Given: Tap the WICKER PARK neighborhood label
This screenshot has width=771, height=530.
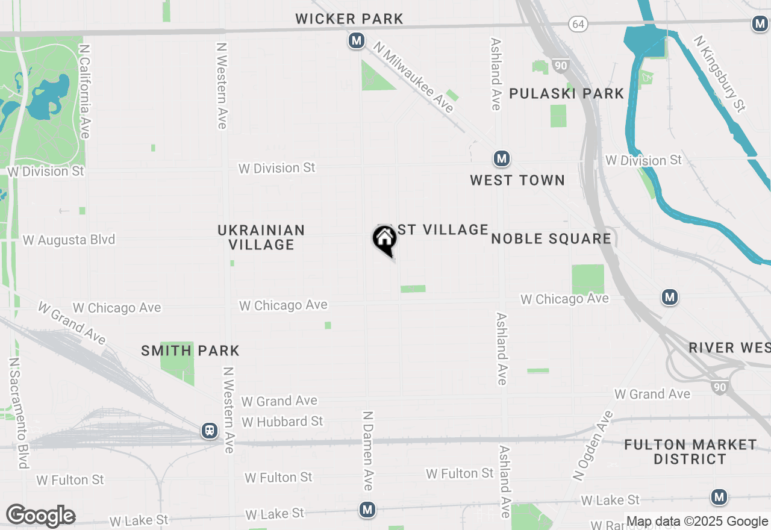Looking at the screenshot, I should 349,19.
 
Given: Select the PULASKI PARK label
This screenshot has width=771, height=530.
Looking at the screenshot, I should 567,93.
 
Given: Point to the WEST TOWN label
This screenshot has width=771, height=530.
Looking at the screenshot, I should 517,180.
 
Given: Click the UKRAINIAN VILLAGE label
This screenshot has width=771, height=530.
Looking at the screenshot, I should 261,237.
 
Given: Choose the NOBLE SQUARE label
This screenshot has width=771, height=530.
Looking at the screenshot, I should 551,238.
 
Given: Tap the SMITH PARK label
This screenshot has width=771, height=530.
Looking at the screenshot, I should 190,351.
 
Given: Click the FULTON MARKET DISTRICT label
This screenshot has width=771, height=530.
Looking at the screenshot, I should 690,452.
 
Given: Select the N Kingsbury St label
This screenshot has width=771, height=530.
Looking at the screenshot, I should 720,73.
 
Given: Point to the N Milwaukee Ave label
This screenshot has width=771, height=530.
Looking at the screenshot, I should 413,76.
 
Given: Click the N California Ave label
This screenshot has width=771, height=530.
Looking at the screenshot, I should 84,91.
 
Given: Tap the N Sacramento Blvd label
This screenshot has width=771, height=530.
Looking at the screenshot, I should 19,413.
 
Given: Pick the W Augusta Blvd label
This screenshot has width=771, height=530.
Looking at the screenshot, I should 69,240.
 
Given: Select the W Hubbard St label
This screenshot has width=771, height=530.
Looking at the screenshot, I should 282,422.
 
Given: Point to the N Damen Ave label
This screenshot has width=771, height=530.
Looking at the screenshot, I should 368,450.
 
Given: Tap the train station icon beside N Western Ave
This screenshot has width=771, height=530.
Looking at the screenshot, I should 210,431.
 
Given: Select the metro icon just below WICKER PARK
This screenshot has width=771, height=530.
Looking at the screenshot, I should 357,41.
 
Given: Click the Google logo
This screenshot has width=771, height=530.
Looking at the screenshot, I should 41,516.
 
